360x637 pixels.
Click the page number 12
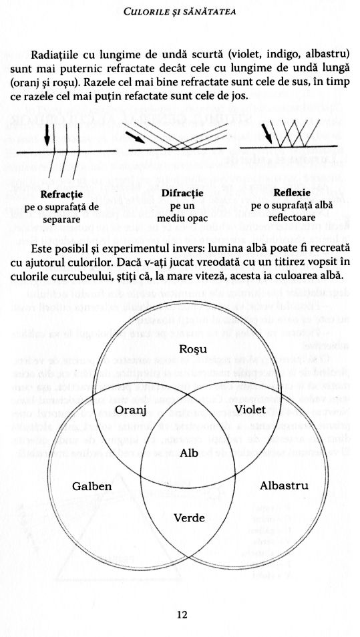(182, 614)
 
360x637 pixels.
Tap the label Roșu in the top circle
(193, 349)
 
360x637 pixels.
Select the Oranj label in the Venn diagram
(130, 409)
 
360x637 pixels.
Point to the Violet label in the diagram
(250, 409)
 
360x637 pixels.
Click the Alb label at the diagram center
(189, 453)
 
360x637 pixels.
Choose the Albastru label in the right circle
(284, 485)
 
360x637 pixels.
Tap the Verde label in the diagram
(189, 518)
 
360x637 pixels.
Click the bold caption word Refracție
(61, 195)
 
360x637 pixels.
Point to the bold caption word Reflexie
(292, 192)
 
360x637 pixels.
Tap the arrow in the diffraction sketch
(135, 137)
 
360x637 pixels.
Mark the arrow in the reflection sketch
(266, 132)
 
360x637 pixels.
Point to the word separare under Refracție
(61, 219)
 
